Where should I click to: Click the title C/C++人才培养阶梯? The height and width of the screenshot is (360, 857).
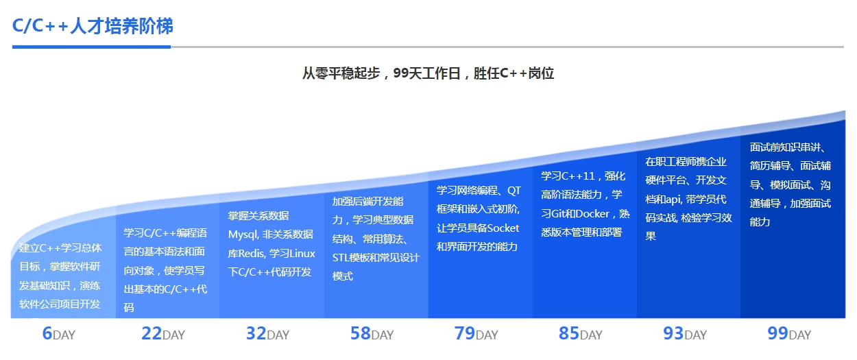pos(93,26)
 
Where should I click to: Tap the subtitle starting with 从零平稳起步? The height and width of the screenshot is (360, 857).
pos(428,73)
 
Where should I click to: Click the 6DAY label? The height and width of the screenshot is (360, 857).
pos(58,334)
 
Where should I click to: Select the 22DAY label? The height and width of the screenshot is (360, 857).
pos(163,334)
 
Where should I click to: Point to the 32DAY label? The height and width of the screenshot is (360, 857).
pos(267,334)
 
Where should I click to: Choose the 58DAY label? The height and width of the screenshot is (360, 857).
pos(372,334)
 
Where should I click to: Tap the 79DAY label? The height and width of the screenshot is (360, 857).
pos(476,334)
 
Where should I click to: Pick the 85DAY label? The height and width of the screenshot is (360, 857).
pos(581,334)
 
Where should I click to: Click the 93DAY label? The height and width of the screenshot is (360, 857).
pos(685,334)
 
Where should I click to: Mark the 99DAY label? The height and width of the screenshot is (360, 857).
pos(789,334)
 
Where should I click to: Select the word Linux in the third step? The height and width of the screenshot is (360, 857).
pos(302,254)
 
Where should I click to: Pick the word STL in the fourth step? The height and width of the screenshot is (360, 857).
pos(341,258)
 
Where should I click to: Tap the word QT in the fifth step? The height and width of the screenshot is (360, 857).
pos(514,191)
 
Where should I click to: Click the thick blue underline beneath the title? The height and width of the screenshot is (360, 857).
pos(91,47)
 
